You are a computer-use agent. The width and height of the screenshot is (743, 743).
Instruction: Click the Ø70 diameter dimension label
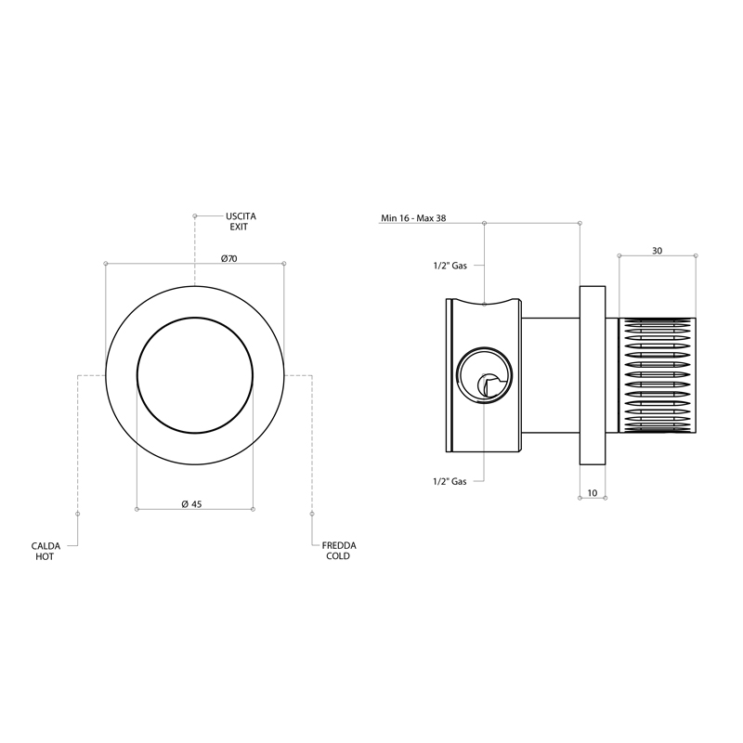pyautogui.click(x=228, y=259)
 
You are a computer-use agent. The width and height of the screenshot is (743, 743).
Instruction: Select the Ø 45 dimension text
pyautogui.click(x=192, y=504)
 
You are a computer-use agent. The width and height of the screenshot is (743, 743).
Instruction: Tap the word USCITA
pyautogui.click(x=241, y=216)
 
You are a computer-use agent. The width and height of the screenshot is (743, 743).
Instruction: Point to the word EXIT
pyautogui.click(x=239, y=227)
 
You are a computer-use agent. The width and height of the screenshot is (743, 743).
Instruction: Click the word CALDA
pyautogui.click(x=46, y=546)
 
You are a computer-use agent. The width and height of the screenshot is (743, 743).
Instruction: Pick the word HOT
pyautogui.click(x=45, y=556)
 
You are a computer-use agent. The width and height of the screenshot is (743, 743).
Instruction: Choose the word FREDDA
pyautogui.click(x=339, y=545)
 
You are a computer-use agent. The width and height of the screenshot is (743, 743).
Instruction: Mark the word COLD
pyautogui.click(x=338, y=556)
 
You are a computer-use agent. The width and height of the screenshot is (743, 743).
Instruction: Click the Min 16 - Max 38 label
pyautogui.click(x=413, y=218)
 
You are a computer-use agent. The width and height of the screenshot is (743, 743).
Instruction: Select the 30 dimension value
pyautogui.click(x=657, y=251)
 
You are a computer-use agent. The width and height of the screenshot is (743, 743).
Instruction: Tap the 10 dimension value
pyautogui.click(x=593, y=493)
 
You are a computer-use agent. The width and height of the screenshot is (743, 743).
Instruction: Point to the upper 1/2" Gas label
pyautogui.click(x=450, y=266)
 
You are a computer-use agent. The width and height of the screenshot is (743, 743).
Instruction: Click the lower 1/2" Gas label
pyautogui.click(x=450, y=481)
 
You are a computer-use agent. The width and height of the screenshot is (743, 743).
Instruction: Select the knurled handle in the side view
pyautogui.click(x=658, y=375)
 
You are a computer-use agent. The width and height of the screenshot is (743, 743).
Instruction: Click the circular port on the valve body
pyautogui.click(x=484, y=375)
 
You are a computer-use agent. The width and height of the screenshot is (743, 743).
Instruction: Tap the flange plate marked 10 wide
pyautogui.click(x=593, y=375)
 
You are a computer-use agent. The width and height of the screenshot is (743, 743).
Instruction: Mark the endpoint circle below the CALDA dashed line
pyautogui.click(x=78, y=514)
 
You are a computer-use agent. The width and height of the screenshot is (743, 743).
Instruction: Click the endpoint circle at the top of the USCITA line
pyautogui.click(x=195, y=216)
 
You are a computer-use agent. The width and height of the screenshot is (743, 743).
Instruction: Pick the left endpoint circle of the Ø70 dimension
pyautogui.click(x=106, y=264)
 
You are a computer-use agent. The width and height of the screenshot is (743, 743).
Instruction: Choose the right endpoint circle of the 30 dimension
pyautogui.click(x=696, y=256)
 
